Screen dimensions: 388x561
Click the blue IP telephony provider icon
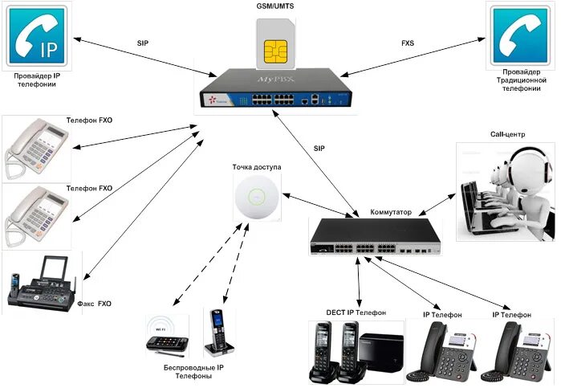point(39,37)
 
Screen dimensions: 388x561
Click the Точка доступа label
point(256,168)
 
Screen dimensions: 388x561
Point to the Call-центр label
point(506,134)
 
